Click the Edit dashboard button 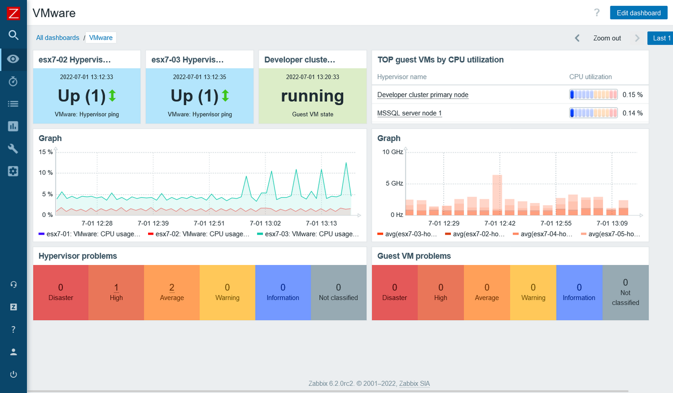tap(638, 13)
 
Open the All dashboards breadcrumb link tap(58, 38)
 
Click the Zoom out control tap(607, 38)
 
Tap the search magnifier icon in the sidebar tap(13, 35)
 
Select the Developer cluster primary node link tap(423, 95)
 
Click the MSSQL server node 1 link tap(409, 113)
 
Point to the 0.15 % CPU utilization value tap(632, 95)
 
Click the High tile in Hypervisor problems tap(116, 292)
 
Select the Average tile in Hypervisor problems tap(172, 292)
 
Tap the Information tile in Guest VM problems tap(579, 292)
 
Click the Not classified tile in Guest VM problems tap(625, 292)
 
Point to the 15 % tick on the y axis tap(46, 152)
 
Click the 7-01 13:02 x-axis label tap(265, 223)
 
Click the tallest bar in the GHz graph tap(497, 194)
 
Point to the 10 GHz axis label tap(393, 152)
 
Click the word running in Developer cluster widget tap(312, 96)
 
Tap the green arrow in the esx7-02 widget tap(112, 96)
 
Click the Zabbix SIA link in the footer tap(415, 383)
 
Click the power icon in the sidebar tap(13, 374)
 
